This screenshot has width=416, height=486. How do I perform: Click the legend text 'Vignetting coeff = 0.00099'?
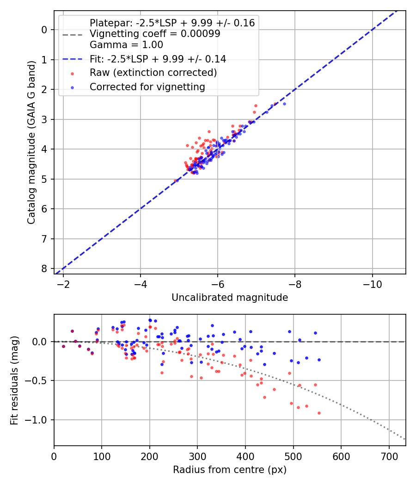coord(155,34)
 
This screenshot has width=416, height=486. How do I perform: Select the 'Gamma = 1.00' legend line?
coord(126,45)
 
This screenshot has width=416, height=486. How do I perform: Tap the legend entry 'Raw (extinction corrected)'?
coord(153,73)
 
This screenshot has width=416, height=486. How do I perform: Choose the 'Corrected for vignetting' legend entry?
coord(147,87)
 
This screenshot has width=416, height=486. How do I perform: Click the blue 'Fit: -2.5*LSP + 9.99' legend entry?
coord(158,59)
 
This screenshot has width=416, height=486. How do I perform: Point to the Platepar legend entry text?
coord(172,23)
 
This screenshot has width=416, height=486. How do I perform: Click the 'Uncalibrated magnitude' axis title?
coord(230,298)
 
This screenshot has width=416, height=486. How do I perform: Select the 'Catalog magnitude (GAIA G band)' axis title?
coord(31,142)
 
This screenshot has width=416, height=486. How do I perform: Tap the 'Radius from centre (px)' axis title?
coord(230,470)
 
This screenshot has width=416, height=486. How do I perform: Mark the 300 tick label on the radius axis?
coord(197,456)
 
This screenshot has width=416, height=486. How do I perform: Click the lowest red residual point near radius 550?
coord(319,413)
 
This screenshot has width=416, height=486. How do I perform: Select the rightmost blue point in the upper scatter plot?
coord(284,104)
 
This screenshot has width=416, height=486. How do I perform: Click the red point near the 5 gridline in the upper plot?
coord(176,181)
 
